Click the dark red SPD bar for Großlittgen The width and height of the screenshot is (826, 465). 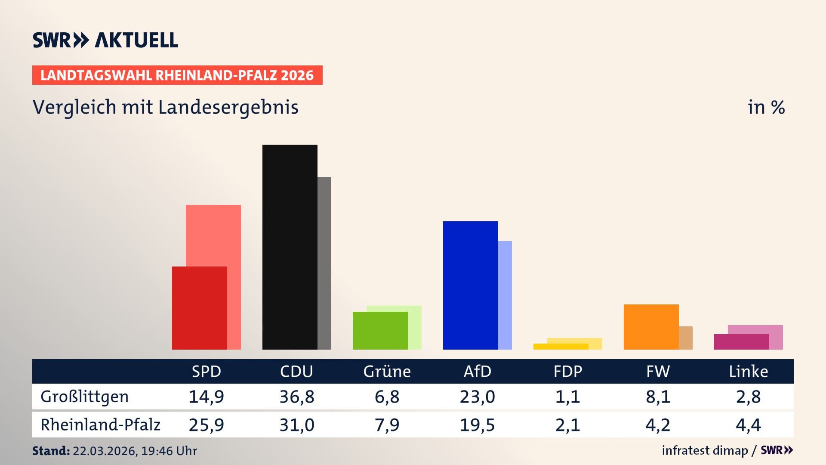(199, 308)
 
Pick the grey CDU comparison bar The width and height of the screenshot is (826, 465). (324, 263)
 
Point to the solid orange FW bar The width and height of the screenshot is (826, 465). (651, 327)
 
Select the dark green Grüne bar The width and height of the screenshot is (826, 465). (380, 330)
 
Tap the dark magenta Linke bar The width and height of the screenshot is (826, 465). (741, 342)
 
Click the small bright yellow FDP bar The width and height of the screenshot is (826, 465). (561, 347)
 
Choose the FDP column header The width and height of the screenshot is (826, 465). (567, 372)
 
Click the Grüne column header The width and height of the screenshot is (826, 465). (387, 372)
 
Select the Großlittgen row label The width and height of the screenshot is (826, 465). (85, 397)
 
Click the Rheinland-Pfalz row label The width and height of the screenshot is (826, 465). (100, 425)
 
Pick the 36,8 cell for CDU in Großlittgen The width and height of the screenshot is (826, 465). (297, 397)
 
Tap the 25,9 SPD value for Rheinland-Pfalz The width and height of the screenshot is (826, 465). (206, 425)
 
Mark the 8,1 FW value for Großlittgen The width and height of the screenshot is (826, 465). (658, 397)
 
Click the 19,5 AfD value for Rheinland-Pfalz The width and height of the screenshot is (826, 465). (477, 425)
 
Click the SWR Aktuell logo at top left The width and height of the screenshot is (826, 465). (105, 40)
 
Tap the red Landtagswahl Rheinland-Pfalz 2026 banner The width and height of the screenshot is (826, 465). (177, 75)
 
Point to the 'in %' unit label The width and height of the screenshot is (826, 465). (766, 107)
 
